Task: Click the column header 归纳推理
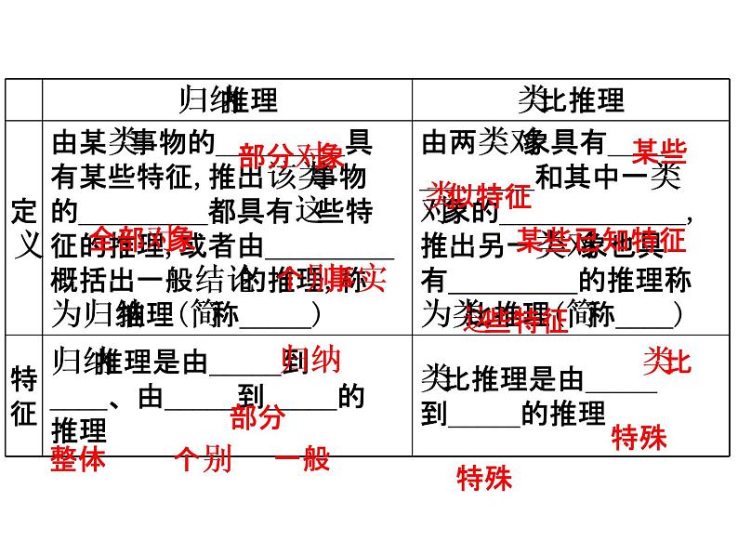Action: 227,99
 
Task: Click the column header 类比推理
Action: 570,99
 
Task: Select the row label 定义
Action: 24,229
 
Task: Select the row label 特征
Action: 24,395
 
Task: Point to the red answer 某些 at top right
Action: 659,150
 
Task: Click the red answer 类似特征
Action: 481,195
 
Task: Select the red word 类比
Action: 667,361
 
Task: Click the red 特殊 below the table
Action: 484,479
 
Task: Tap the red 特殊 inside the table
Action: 639,437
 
